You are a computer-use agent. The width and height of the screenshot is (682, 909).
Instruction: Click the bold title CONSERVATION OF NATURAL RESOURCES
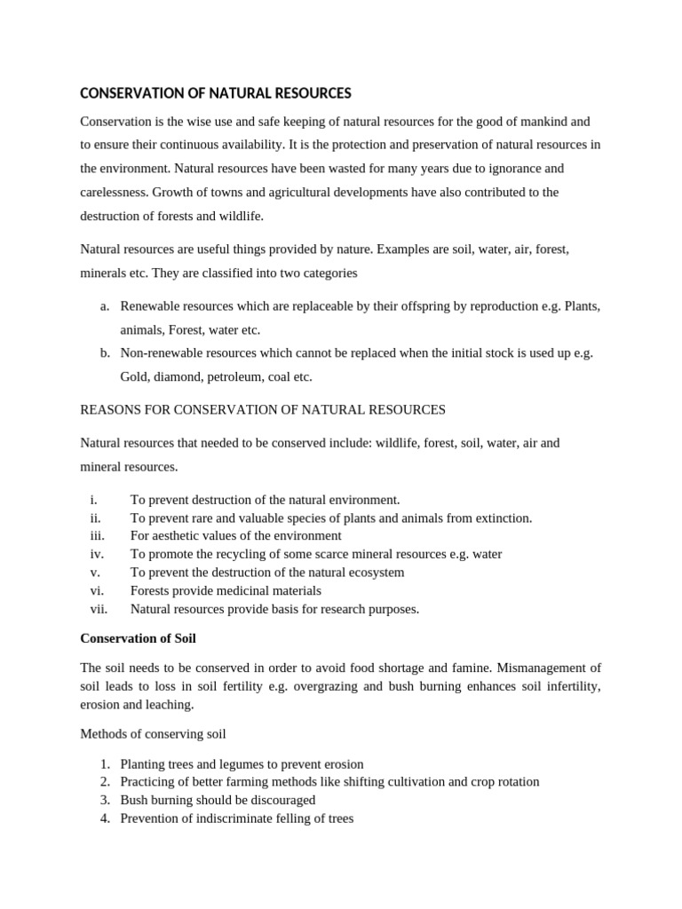216,93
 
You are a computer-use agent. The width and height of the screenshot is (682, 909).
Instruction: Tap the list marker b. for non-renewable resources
105,352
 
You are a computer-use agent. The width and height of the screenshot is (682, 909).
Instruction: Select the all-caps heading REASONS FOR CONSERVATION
263,409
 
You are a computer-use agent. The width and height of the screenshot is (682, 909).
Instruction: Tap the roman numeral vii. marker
98,609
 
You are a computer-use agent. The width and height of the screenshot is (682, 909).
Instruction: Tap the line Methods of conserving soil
153,733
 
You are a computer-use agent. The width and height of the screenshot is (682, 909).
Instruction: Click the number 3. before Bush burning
104,800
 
